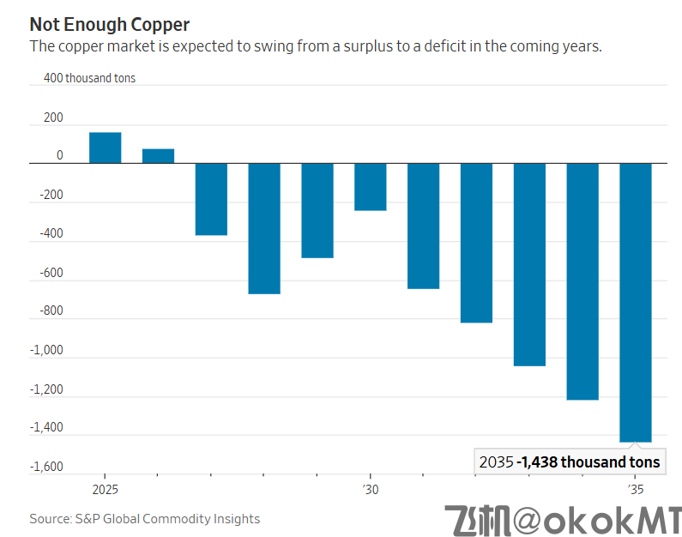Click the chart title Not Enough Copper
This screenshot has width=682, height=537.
coord(110,24)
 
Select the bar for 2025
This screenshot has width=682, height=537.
coord(105,148)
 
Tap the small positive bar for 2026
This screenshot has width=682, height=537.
coord(158,155)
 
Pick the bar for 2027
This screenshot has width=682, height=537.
coord(211,199)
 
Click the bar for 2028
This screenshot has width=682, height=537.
coord(264,228)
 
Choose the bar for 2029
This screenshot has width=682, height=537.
coord(317,210)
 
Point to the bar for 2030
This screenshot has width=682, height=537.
coord(371,186)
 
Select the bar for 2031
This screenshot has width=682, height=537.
coord(423,226)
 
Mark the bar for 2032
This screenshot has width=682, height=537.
coord(476,243)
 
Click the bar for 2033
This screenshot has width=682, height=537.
coord(529,264)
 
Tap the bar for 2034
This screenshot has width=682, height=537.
coord(582,281)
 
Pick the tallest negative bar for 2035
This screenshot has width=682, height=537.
coord(636,302)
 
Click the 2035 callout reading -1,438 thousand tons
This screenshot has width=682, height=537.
coord(570,462)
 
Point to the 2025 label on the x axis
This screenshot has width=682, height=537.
coord(105,490)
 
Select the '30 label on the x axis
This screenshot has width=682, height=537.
coord(370,490)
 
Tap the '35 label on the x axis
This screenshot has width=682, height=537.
coord(635,490)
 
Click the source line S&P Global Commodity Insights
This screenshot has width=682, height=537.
coord(144,519)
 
